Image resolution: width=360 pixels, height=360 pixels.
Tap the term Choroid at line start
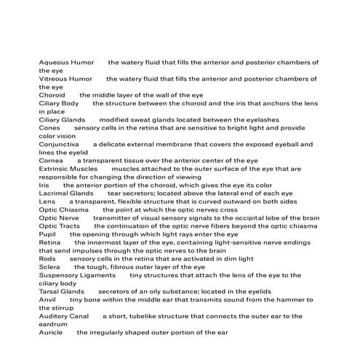coord(52,95)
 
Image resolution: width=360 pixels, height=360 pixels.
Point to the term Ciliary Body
coord(58,103)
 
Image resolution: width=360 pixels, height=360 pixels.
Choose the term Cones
coord(49,128)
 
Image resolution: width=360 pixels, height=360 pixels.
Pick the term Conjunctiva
coord(58,144)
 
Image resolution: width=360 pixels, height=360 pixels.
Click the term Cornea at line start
coord(51,161)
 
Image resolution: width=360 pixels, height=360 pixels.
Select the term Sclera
coord(49,267)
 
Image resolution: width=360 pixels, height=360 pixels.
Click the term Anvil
coord(47,300)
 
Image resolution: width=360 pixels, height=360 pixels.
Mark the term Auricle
coord(51,332)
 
